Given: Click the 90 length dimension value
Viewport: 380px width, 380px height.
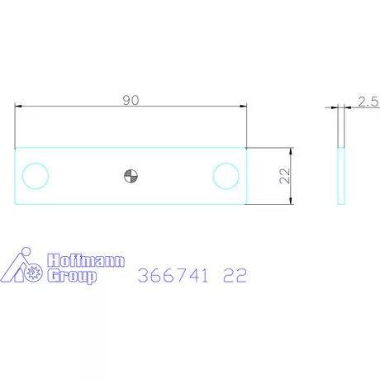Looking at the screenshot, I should click(131, 99).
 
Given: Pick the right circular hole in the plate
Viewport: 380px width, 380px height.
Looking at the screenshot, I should click(226, 175).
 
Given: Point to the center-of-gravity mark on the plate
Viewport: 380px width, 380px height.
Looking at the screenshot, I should click(131, 175).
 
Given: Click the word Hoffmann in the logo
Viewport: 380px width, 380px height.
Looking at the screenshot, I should click(85, 261).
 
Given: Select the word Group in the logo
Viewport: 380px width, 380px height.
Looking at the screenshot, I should click(72, 276).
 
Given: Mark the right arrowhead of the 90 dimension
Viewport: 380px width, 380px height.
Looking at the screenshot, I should click(243, 106).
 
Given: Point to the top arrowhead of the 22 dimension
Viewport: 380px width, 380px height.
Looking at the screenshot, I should click(291, 152).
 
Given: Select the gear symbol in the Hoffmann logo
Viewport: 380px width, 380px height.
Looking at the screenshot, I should click(34, 272).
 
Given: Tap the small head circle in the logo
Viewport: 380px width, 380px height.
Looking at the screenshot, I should click(26, 251).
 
